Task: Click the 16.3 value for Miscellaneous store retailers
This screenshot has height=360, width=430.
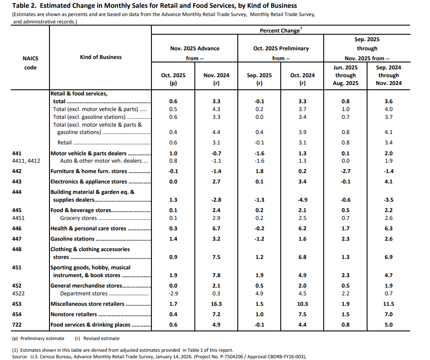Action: (x=216, y=304)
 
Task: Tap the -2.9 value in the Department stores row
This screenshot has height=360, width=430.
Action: (x=173, y=294)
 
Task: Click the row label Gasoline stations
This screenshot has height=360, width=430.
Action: (x=72, y=239)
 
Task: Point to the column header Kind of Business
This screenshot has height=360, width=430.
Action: (x=101, y=57)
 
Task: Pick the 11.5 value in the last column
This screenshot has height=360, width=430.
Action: (x=389, y=304)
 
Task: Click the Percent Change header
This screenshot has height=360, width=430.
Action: (x=280, y=31)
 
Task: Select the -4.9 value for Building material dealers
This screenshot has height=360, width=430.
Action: (x=302, y=200)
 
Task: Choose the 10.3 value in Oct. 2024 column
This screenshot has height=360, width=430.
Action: (x=302, y=304)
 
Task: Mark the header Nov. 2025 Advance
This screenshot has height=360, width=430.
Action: (x=194, y=49)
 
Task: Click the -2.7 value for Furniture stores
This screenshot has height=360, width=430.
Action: (x=345, y=171)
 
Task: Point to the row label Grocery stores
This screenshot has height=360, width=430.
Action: (x=78, y=218)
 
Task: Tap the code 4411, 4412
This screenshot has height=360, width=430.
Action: (x=26, y=161)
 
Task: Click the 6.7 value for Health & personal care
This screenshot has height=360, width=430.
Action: (x=216, y=229)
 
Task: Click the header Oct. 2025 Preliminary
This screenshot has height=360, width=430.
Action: (x=281, y=49)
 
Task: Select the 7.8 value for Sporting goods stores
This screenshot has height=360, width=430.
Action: (x=216, y=275)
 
